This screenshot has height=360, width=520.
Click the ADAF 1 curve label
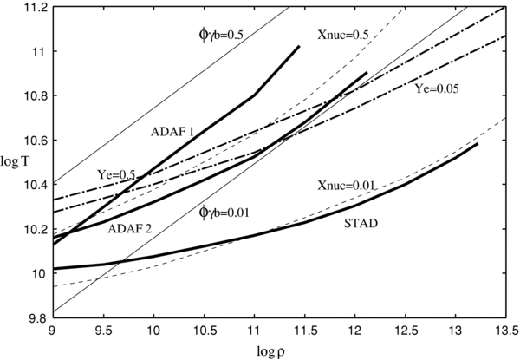click(172, 131)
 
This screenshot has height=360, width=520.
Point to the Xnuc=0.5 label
click(345, 35)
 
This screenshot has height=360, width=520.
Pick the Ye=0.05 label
click(436, 89)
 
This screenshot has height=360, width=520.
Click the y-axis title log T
click(15, 164)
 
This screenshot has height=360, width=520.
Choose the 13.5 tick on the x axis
click(509, 331)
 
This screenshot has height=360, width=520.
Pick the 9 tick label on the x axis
click(54, 331)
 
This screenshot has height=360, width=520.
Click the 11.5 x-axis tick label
click(306, 331)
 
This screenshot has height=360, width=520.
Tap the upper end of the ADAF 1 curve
click(298, 47)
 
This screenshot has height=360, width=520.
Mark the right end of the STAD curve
click(478, 144)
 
